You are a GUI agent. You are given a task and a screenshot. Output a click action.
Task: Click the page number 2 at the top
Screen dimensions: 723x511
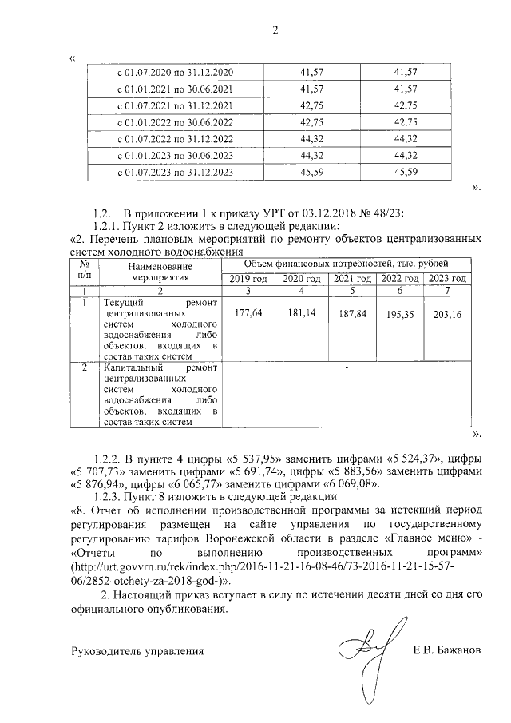coord(275,30)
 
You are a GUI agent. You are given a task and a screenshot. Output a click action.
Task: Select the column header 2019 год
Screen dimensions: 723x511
coord(249,278)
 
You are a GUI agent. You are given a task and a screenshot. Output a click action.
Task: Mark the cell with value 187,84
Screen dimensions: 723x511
coord(351,314)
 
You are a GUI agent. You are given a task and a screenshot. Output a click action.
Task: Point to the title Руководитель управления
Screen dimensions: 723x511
coord(137,650)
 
